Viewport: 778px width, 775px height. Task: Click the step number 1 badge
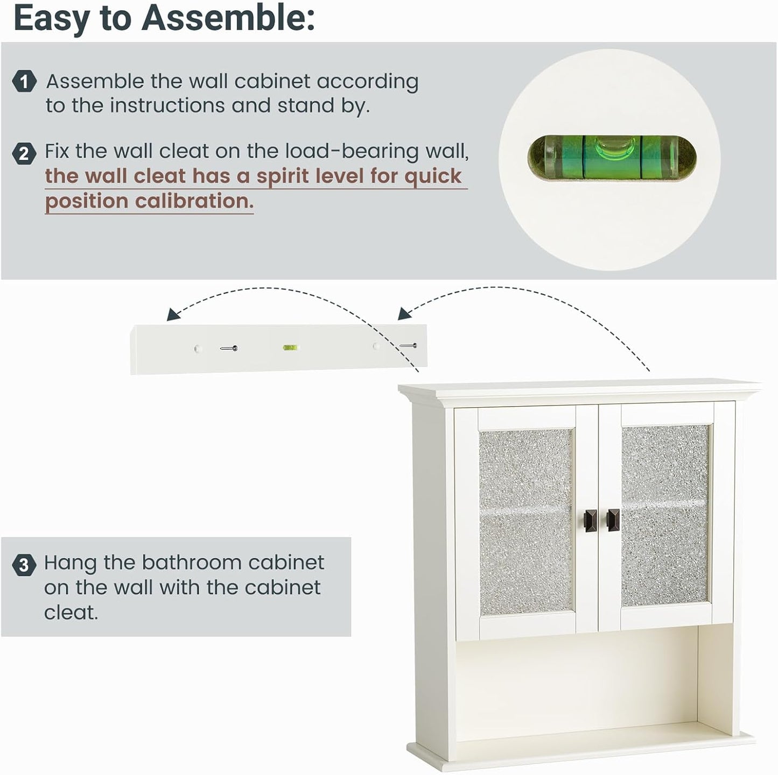click(24, 82)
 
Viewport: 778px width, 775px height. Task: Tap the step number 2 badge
click(24, 154)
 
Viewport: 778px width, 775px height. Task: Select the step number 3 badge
click(24, 566)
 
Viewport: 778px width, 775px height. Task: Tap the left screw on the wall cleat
click(229, 349)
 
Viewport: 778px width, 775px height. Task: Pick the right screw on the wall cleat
click(409, 346)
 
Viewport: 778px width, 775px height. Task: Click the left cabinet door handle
click(585, 519)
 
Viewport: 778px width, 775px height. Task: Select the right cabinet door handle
click(613, 519)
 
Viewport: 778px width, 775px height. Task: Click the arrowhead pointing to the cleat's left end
click(172, 315)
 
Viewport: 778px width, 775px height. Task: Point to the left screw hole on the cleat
click(197, 349)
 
